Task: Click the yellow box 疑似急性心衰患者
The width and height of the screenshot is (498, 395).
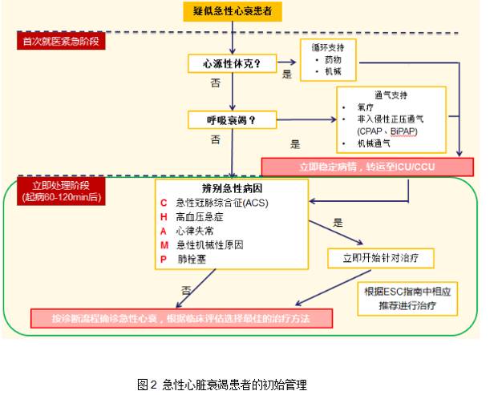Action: tap(232, 11)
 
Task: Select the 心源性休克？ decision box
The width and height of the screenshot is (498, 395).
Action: tap(231, 62)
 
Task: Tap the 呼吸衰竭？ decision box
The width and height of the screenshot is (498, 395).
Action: tap(231, 121)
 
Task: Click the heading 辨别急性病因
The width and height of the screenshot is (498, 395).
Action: tap(232, 187)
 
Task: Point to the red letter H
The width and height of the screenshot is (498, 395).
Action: tap(164, 216)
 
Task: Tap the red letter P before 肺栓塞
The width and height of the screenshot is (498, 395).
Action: tap(164, 259)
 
